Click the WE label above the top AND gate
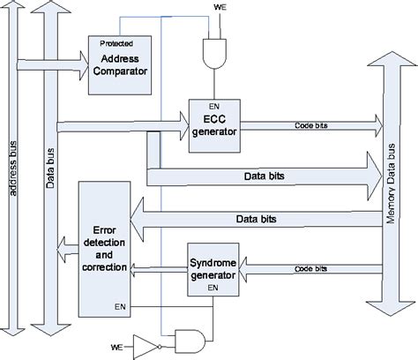pos(220,11)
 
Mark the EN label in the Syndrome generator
pos(213,288)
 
